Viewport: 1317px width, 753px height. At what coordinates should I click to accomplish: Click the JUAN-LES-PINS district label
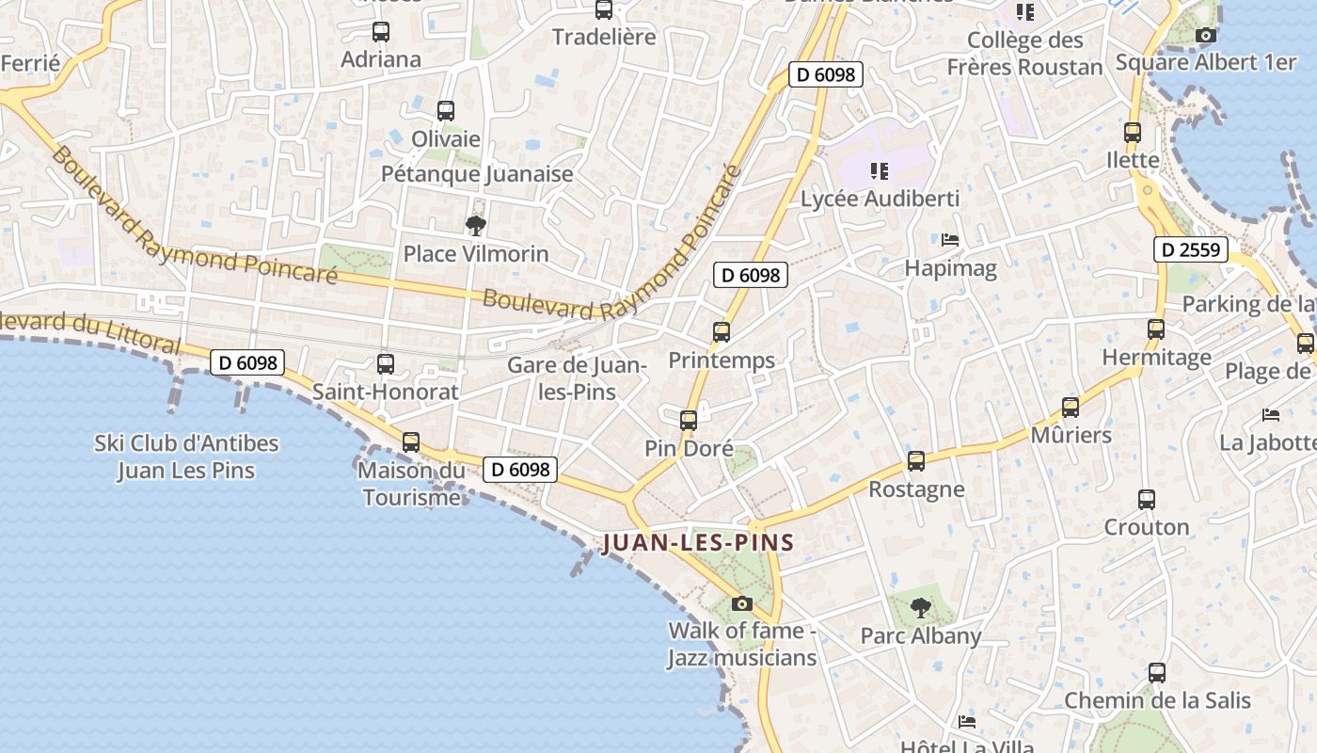698,543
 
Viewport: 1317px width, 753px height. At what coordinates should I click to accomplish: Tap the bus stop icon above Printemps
722,332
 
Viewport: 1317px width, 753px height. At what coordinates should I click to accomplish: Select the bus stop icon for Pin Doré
689,420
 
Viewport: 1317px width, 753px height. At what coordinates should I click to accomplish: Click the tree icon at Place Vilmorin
476,225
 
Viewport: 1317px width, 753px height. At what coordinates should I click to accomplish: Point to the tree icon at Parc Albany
921,608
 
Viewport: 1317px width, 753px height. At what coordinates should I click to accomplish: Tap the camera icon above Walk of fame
742,603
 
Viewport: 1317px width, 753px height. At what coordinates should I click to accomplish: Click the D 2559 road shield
1191,249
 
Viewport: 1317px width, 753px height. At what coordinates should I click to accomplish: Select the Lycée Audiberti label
880,199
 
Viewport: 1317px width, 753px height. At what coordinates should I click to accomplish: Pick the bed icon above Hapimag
950,240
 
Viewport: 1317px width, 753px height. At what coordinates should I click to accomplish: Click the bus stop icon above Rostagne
916,461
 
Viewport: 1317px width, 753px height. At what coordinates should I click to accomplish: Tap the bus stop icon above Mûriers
1071,408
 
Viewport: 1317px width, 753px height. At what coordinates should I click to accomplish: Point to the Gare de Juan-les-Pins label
576,377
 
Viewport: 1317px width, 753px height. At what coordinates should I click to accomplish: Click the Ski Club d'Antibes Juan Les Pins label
186,457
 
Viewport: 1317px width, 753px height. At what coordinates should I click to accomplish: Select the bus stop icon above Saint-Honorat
385,364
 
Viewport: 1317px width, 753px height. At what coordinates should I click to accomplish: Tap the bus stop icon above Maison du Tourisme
411,441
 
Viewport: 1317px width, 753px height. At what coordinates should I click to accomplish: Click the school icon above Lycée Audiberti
880,171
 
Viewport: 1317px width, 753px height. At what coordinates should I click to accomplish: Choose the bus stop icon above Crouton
1146,499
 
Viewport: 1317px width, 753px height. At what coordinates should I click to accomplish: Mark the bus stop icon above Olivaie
446,111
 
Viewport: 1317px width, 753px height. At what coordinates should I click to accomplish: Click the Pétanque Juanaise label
477,174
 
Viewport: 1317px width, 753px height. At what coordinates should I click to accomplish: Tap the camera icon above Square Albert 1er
1205,36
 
